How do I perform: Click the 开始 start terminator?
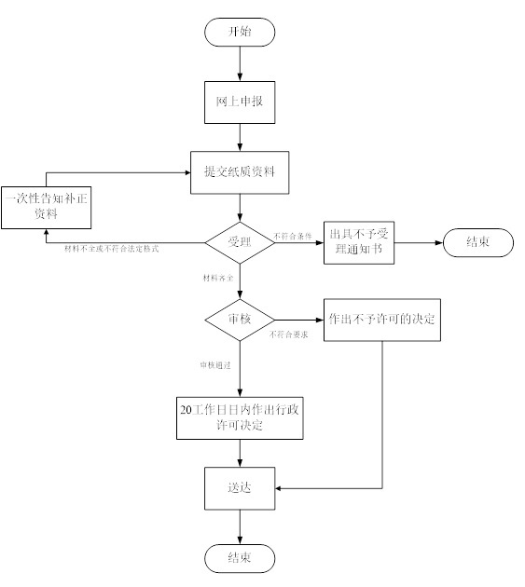241,31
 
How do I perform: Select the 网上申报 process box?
241,102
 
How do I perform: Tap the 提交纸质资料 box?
241,172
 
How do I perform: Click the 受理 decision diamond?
241,243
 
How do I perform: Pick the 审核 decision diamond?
241,319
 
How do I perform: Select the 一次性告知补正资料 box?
46,205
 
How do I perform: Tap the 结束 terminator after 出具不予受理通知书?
477,243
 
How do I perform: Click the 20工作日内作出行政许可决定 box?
241,417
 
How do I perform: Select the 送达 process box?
241,488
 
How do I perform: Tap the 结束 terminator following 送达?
241,557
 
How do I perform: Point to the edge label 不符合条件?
293,236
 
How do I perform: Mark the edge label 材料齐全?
219,279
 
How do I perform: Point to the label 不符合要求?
289,333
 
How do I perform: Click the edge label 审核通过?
215,364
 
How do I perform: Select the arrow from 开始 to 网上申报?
241,62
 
